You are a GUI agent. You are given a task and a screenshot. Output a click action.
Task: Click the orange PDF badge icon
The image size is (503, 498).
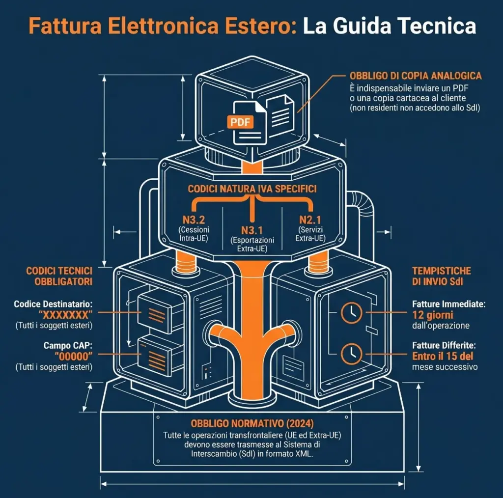240,122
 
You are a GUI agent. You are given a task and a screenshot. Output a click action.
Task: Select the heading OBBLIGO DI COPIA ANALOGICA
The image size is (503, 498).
415,76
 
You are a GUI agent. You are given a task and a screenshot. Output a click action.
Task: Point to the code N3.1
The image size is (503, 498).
252,230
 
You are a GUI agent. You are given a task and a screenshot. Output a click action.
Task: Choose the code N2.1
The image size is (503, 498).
310,221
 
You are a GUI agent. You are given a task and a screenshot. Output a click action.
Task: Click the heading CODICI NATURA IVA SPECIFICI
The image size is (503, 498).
252,189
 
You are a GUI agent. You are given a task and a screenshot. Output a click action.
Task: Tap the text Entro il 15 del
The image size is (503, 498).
443,356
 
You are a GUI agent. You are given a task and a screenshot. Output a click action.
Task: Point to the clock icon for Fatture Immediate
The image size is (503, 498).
352,311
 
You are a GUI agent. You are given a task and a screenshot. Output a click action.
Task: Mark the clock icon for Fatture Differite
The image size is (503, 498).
352,353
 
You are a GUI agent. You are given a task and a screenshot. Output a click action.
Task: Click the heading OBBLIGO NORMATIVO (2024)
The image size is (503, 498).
251,423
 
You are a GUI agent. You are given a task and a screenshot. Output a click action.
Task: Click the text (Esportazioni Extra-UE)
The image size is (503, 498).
252,244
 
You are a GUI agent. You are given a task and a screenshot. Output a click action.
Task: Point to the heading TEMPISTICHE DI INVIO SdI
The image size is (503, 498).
442,276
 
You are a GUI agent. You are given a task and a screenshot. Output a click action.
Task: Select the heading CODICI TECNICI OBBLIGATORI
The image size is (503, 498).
59,276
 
